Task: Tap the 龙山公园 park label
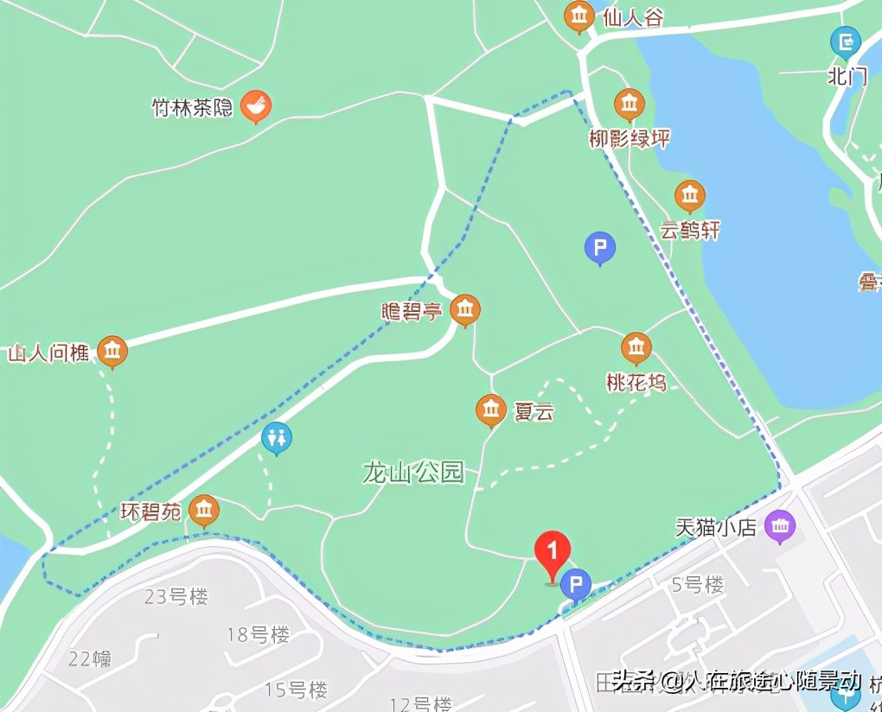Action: tap(413, 473)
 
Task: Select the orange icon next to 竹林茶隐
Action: tap(255, 106)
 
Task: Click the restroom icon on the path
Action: tap(277, 439)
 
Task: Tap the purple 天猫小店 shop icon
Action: tap(781, 526)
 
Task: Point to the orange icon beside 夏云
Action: tap(491, 410)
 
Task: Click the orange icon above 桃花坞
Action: tap(636, 349)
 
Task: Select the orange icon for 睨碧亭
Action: tap(465, 310)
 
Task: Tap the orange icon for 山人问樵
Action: tap(112, 352)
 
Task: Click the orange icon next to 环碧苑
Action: tap(204, 511)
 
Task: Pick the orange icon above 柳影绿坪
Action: tap(630, 105)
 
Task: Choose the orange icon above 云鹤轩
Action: tap(689, 196)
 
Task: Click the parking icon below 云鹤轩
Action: tap(600, 249)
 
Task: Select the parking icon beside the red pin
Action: tap(576, 585)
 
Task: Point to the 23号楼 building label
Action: tap(176, 596)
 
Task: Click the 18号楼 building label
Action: tap(258, 635)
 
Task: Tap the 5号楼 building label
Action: tap(697, 585)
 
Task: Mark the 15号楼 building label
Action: tap(296, 690)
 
